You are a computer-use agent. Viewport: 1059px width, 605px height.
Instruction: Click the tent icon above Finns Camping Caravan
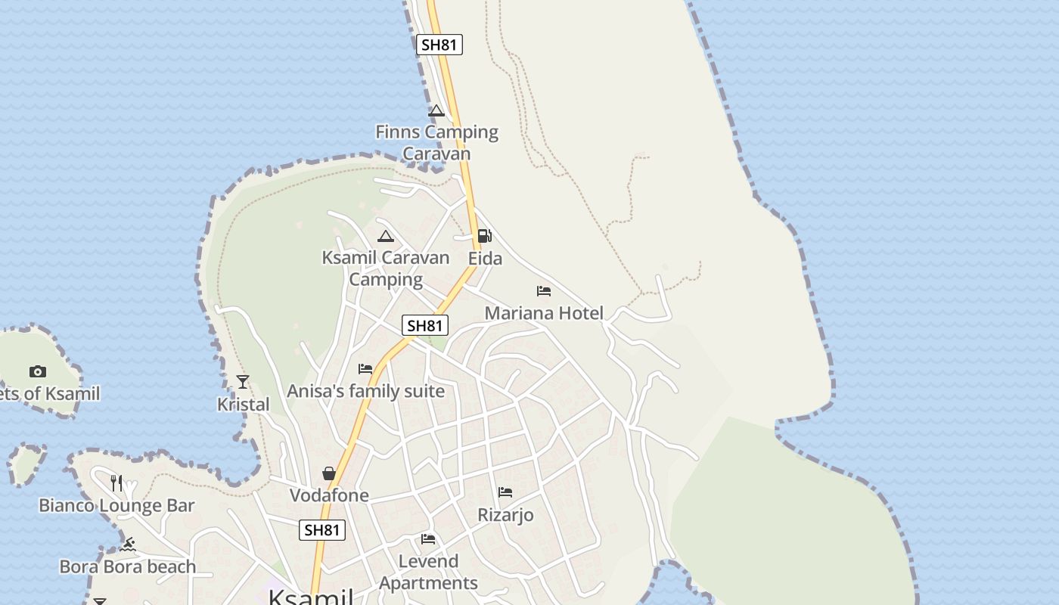point(436,111)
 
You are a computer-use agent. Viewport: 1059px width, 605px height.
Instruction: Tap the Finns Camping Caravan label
point(436,142)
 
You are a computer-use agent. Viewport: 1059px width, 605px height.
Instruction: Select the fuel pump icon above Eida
point(484,236)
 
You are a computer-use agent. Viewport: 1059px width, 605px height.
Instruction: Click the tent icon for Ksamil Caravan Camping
point(386,236)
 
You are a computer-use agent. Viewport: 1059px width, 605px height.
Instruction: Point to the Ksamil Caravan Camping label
point(386,268)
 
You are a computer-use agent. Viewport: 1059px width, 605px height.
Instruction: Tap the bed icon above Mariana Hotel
point(543,291)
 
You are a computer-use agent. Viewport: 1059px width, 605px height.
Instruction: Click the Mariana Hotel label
point(544,313)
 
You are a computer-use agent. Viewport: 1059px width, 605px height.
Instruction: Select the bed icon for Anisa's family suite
point(365,369)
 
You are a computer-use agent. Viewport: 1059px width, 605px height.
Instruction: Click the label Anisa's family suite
point(365,392)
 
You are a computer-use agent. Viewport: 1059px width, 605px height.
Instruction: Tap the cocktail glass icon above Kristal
point(243,382)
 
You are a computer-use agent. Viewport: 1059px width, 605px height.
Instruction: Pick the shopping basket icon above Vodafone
point(329,473)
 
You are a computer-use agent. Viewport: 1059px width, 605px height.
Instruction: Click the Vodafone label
point(329,495)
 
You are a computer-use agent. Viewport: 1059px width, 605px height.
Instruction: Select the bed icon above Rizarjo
point(505,492)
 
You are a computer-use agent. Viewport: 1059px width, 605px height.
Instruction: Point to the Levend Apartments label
point(428,572)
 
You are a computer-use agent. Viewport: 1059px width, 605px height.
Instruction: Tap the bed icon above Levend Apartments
point(428,539)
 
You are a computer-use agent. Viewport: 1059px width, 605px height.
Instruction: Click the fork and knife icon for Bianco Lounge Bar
point(116,482)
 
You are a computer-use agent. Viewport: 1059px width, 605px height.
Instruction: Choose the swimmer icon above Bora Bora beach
point(128,544)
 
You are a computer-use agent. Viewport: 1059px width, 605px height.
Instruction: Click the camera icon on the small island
point(38,371)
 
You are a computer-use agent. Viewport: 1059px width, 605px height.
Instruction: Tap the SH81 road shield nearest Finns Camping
point(439,45)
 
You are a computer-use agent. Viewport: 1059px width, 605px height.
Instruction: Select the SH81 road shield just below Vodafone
point(322,530)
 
